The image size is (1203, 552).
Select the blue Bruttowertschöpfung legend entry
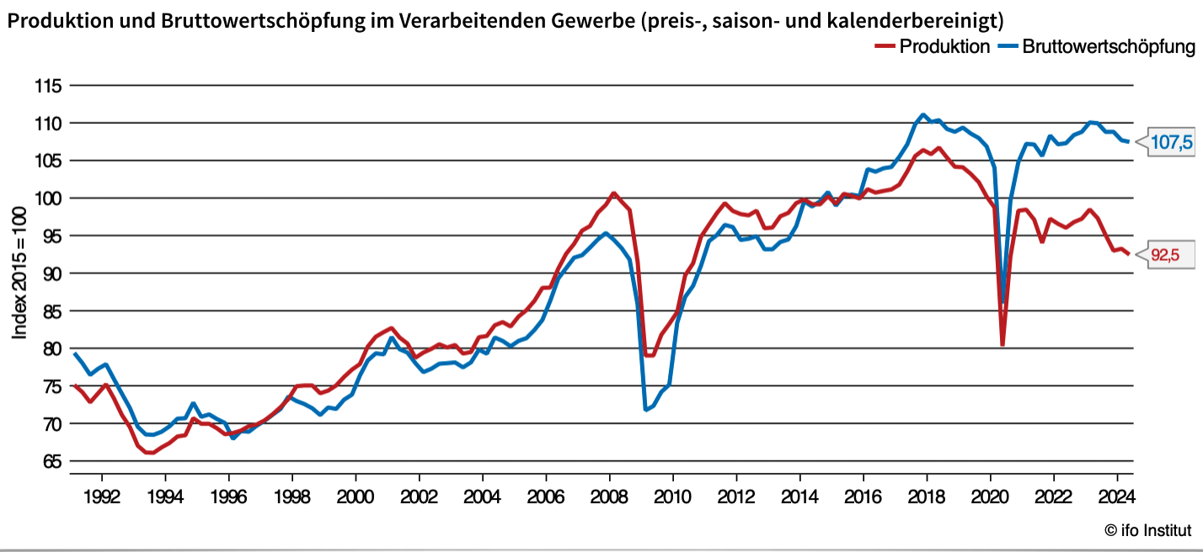pyautogui.click(x=1096, y=47)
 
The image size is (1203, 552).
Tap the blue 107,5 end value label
pyautogui.click(x=1171, y=142)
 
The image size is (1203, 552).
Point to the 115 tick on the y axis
pyautogui.click(x=48, y=86)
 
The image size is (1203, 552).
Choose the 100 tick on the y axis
pyautogui.click(x=48, y=199)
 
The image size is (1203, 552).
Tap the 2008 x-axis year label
pyautogui.click(x=608, y=495)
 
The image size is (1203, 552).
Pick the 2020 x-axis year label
pyautogui.click(x=990, y=495)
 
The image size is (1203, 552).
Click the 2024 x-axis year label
pyautogui.click(x=1116, y=495)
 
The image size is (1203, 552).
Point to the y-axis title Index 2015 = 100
pyautogui.click(x=19, y=273)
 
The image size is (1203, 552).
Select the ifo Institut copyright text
pyautogui.click(x=1149, y=530)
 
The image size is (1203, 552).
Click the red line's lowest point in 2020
pyautogui.click(x=1002, y=344)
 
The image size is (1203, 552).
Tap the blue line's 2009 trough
pyautogui.click(x=646, y=410)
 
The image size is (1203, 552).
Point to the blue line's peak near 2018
pyautogui.click(x=923, y=115)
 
